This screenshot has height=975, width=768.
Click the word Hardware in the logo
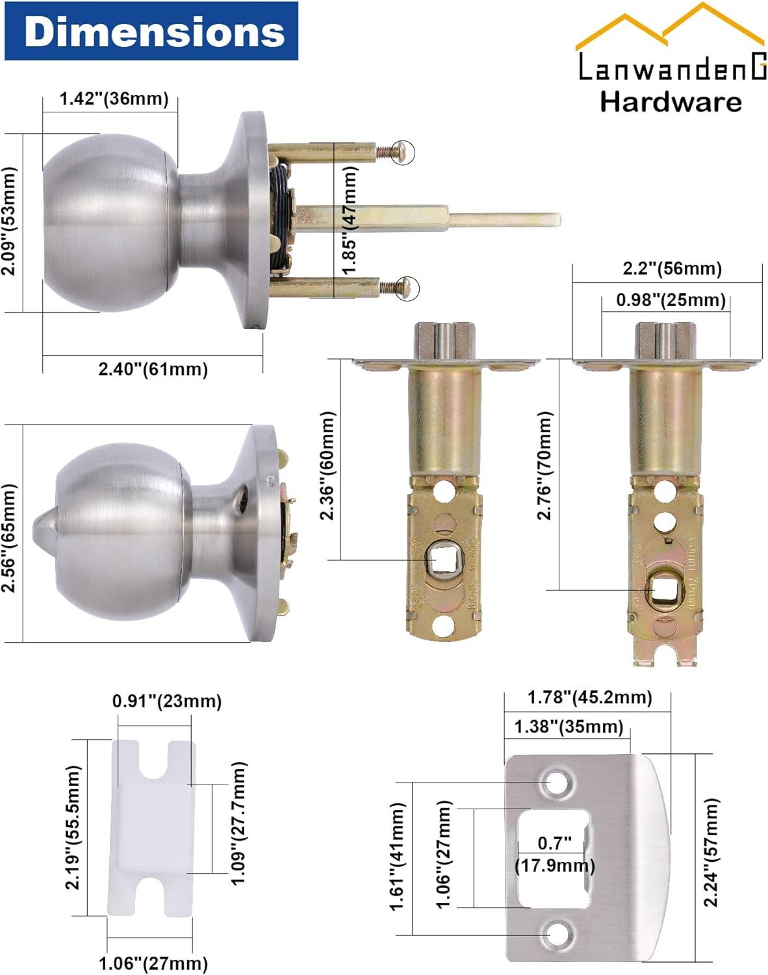coord(670,103)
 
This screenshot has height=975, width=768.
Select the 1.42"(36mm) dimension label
coord(114,99)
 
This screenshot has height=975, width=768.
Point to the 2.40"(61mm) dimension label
coord(153,369)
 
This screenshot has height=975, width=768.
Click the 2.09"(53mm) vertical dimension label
coord(9,221)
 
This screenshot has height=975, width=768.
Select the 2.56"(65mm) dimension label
coord(9,537)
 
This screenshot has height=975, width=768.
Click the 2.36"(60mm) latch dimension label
coord(327,465)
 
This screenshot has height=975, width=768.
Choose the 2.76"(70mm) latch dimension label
coord(544,465)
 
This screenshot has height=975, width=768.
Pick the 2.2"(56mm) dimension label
coord(672,268)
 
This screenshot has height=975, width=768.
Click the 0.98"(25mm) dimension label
coord(671,300)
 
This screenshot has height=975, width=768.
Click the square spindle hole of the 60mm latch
coord(444,560)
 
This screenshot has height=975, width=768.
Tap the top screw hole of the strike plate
coord(556,783)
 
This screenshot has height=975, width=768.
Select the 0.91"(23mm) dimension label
coord(167,701)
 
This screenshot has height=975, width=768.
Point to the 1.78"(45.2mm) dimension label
coord(589,697)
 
